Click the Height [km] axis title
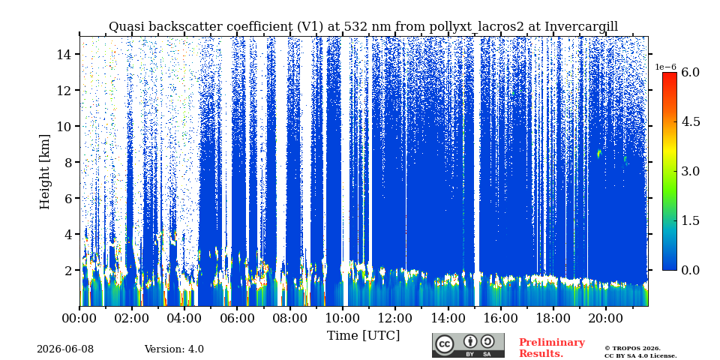click(44, 172)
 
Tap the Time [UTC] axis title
click(363, 335)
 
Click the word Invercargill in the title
click(580, 27)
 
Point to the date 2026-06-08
click(64, 349)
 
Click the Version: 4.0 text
click(174, 349)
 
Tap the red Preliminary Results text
click(552, 348)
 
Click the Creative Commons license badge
click(468, 345)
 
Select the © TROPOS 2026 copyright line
click(632, 349)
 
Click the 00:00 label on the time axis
click(80, 318)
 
